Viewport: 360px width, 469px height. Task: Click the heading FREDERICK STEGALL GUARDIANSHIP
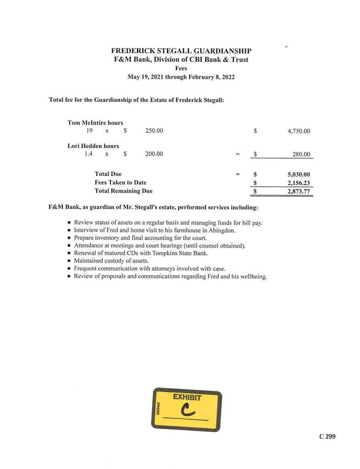[x=181, y=51]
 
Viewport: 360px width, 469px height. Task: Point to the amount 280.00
[x=301, y=154]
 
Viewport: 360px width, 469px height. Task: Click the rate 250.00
[x=154, y=131]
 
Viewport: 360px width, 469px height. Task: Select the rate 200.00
[x=154, y=154]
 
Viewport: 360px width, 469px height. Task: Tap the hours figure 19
[x=89, y=131]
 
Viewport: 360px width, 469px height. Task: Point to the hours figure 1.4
[x=88, y=154]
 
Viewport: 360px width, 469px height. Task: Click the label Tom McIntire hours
[x=95, y=123]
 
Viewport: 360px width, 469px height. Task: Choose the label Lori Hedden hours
[x=93, y=146]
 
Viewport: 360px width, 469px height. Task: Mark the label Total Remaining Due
[x=123, y=191]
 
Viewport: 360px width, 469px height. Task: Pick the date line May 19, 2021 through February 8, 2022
[x=181, y=77]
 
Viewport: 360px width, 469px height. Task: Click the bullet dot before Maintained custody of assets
[x=69, y=261]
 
